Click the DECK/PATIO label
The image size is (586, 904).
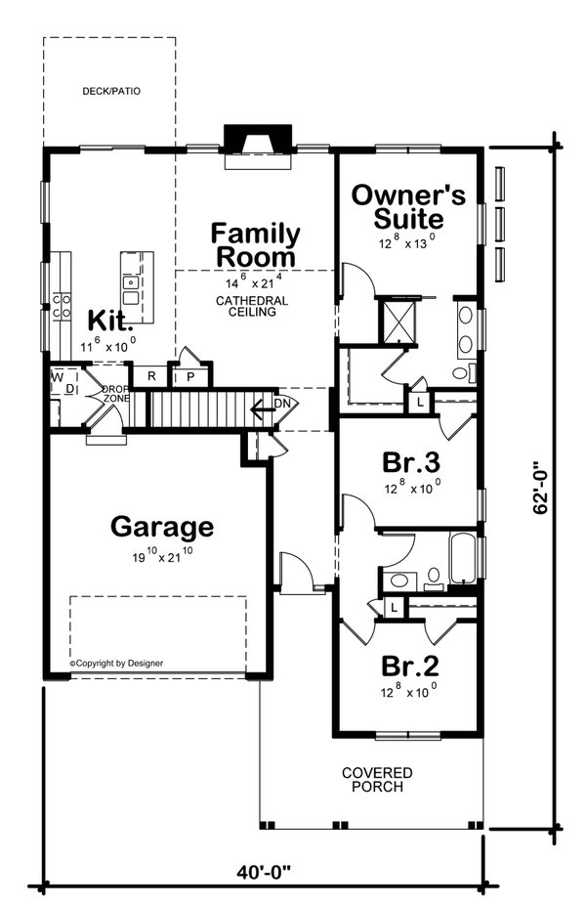[110, 91]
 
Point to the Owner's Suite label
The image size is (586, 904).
[398, 206]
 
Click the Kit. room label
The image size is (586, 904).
[105, 321]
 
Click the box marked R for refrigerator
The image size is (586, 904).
[150, 376]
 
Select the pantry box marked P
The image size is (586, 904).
[191, 376]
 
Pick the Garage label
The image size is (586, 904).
[161, 527]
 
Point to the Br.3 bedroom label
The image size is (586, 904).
[408, 460]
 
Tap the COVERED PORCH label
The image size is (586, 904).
[376, 779]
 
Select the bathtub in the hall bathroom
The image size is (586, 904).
[462, 557]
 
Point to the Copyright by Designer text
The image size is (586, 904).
[116, 663]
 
